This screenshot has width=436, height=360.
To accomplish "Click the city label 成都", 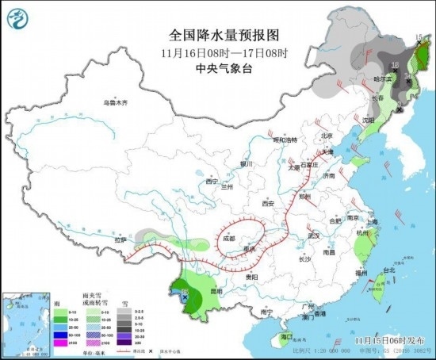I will tap(228, 237).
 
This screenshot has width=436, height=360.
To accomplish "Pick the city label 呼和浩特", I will tap(284, 140).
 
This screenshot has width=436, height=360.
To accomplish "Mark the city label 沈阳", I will tap(367, 120).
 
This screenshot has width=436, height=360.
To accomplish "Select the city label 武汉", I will tap(313, 236).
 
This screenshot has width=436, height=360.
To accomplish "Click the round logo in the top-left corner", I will tap(17, 17).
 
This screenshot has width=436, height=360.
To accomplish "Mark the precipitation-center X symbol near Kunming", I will tap(185, 297).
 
